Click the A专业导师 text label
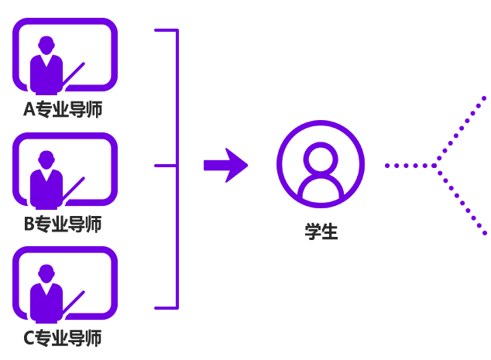pos(63,110)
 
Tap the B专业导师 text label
pos(63,225)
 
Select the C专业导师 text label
pos(63,338)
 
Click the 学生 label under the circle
pos(321,231)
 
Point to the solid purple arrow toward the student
pos(225,165)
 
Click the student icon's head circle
pos(321,157)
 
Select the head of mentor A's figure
pos(46,44)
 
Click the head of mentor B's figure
pos(46,159)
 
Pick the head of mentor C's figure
pos(46,273)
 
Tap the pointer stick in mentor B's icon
pos(74,188)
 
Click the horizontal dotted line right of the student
pos(409,166)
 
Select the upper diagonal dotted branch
pos(461,130)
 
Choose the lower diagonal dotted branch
pos(461,200)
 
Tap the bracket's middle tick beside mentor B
pos(166,166)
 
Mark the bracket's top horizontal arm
pos(166,31)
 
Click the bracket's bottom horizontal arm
pos(166,307)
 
